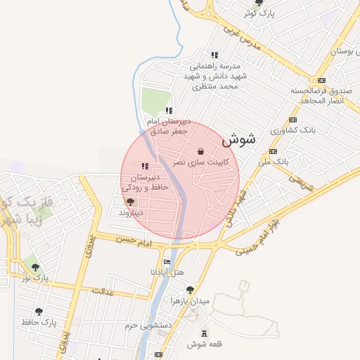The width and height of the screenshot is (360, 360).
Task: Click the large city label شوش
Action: pos(238,140)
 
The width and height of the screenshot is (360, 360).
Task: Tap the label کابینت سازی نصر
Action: pos(201,162)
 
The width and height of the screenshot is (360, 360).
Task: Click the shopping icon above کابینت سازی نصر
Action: pos(201,151)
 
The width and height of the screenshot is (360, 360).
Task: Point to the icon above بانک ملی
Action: pos(274,151)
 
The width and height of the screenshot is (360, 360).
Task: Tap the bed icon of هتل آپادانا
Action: pos(167,261)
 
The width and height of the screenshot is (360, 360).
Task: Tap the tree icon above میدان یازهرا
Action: pos(190,290)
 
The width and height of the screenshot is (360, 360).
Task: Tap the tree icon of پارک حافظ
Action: pos(39,311)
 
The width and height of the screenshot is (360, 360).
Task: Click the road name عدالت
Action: pos(103,290)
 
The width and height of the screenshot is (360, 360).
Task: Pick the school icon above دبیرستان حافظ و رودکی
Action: pos(145,167)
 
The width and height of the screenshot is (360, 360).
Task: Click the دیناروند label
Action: pos(130,212)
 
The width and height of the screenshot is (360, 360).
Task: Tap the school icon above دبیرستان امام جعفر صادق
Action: pos(168,110)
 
